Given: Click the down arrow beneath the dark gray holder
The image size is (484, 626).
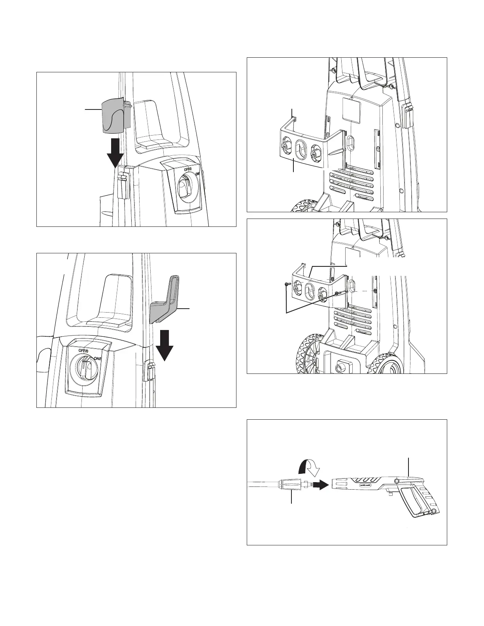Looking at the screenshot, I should [164, 344].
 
